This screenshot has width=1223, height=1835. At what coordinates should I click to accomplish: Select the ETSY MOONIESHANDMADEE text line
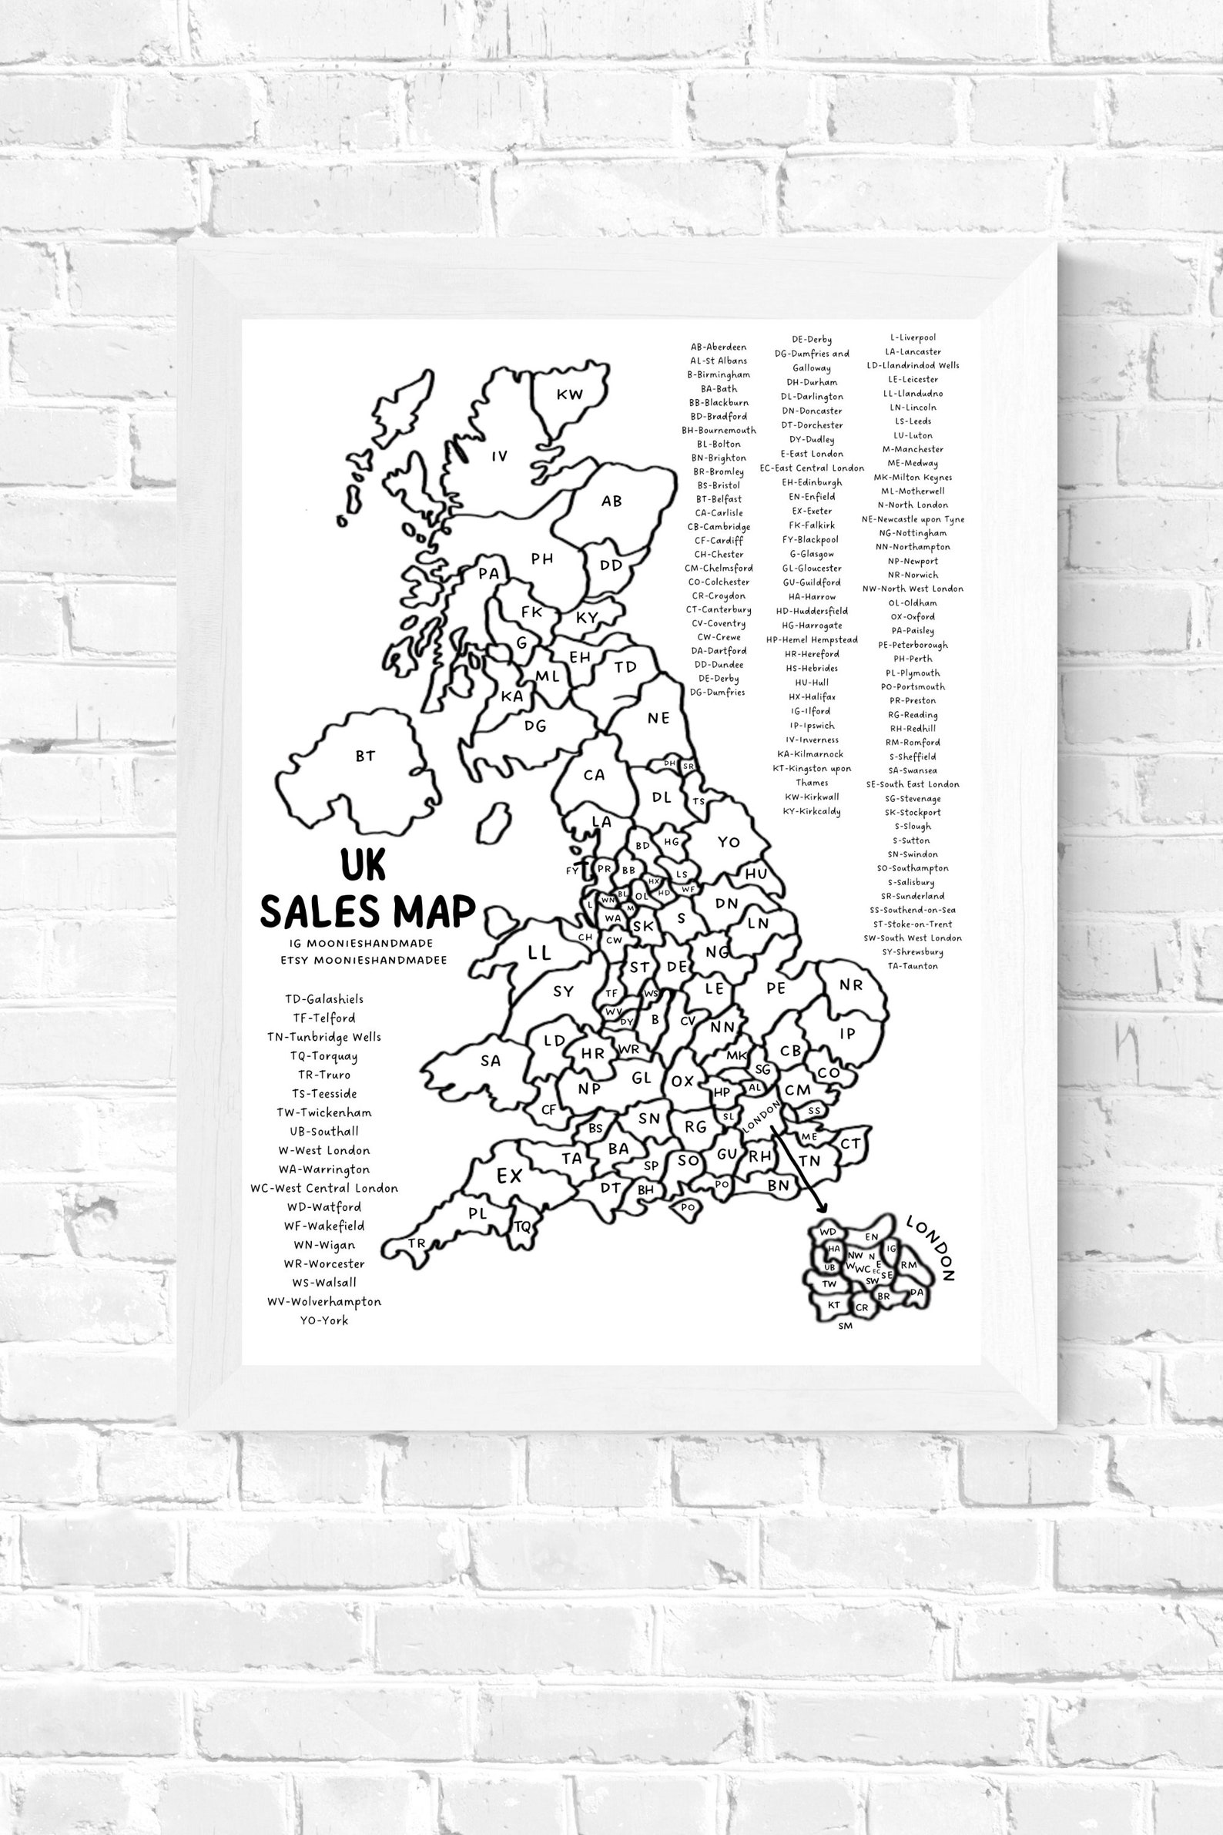coord(364,961)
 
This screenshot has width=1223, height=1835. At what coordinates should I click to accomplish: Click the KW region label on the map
coord(569,394)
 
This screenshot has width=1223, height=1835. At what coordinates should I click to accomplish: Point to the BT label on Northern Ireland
coord(365,755)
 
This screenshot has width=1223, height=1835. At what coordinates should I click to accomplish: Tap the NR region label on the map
coord(851,985)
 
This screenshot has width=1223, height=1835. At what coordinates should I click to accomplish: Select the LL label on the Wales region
coord(539,953)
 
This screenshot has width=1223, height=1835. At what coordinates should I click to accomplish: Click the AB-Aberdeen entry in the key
coord(719,347)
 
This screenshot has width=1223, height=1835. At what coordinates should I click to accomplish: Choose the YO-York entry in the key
coord(323,1321)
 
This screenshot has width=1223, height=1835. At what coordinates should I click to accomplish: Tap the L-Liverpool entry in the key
coord(913,338)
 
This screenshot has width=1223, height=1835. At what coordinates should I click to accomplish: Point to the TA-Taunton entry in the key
coord(913,966)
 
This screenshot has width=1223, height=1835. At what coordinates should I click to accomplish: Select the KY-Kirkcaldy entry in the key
coord(811,810)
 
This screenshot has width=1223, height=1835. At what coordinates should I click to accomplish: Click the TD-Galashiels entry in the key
coord(323,998)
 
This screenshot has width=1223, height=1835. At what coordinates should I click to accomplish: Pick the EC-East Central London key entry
coord(811,468)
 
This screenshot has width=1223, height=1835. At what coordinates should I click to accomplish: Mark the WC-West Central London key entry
coord(323,1188)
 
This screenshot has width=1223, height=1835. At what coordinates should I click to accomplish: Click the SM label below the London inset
coord(846,1326)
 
